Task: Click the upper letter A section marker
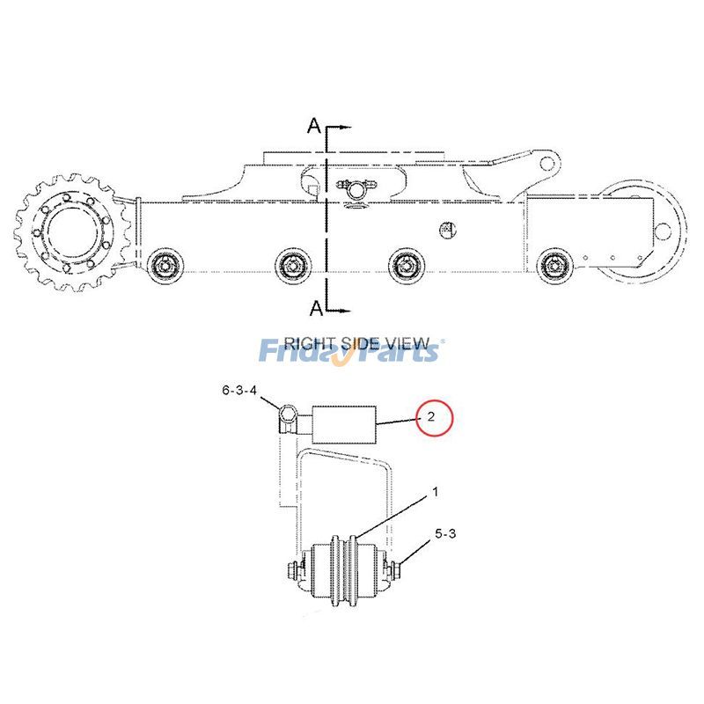313,126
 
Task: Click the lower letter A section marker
313,307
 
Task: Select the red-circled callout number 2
430,417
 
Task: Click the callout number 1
434,494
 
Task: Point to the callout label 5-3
445,532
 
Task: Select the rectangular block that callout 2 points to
345,424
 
